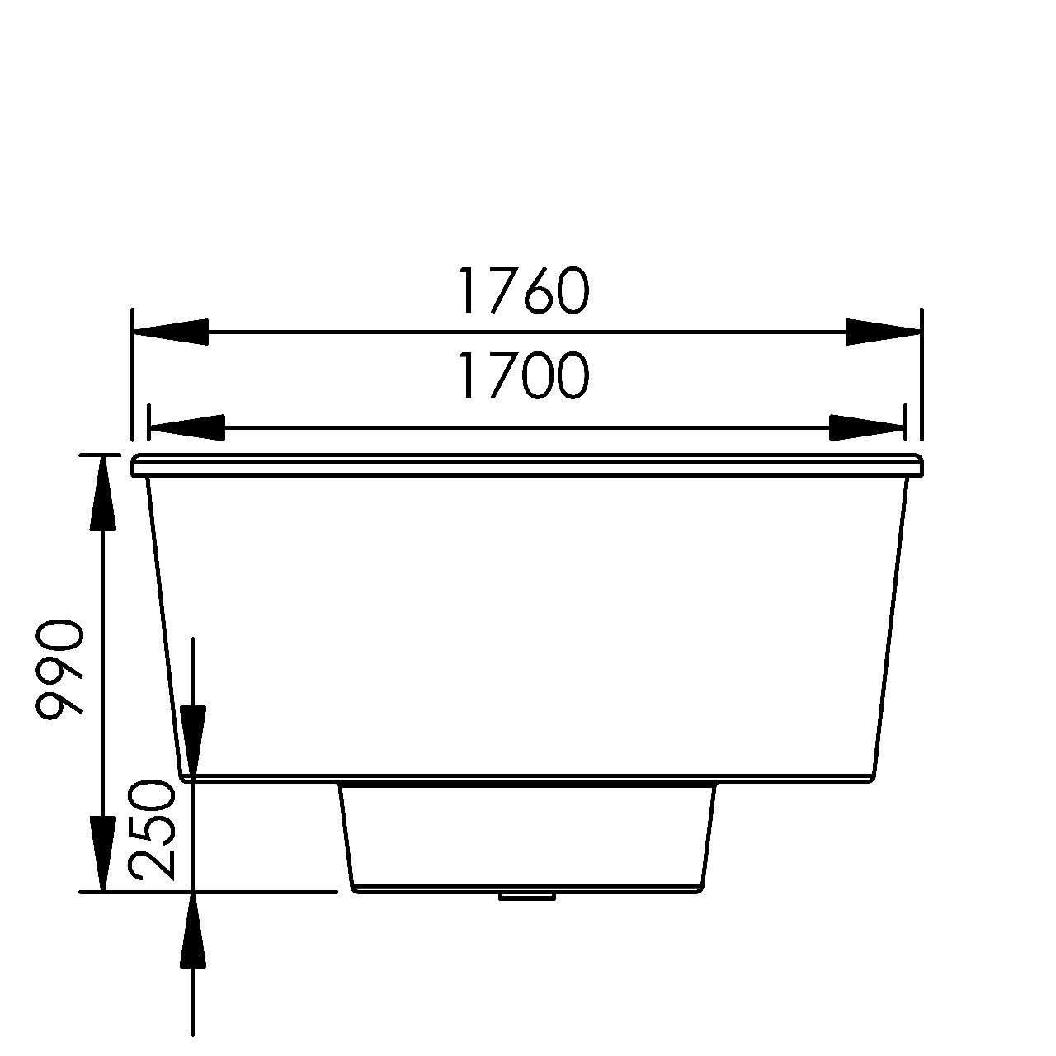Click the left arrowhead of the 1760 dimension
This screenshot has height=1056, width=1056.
point(169,332)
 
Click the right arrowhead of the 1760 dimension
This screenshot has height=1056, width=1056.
point(883,332)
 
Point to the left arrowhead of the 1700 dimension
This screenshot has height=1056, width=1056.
point(186,427)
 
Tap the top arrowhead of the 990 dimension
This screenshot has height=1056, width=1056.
point(102,491)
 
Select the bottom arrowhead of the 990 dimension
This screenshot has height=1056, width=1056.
point(102,854)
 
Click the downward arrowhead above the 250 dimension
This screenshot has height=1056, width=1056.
point(193,738)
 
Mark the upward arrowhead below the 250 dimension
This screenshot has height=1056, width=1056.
point(193,928)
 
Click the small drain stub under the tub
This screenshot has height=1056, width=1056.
point(527,895)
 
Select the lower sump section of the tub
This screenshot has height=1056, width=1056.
point(528,837)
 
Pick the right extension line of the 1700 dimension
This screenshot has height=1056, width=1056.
point(906,425)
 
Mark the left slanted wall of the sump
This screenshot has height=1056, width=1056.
point(346,837)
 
